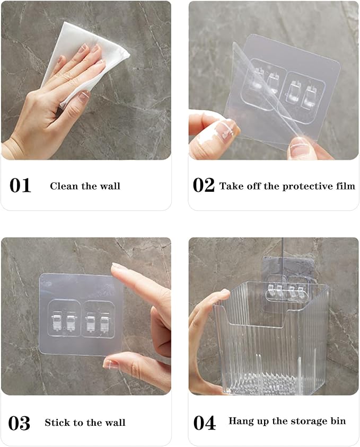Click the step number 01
20,186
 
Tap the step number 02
204,186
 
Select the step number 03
20,423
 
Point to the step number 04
204,423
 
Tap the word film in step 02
345,186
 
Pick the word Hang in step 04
240,421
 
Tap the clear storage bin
270,339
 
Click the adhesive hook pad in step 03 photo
80,315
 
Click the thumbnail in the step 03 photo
111,364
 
